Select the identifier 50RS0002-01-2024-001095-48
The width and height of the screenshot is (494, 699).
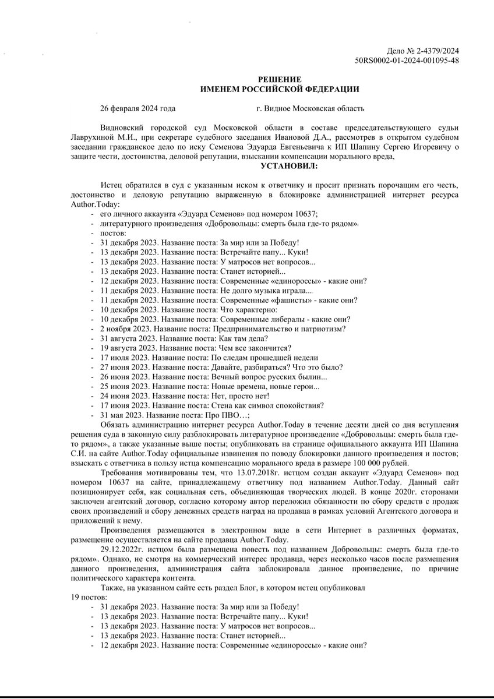[x=407, y=61]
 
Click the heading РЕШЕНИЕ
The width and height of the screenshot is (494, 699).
[x=280, y=79]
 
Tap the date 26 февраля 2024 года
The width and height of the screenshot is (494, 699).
[x=137, y=108]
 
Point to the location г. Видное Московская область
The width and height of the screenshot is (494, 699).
[x=310, y=108]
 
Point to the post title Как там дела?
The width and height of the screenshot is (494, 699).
[x=244, y=338]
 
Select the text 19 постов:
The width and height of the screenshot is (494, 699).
[x=89, y=598]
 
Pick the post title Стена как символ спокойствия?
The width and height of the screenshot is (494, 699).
[x=271, y=405]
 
